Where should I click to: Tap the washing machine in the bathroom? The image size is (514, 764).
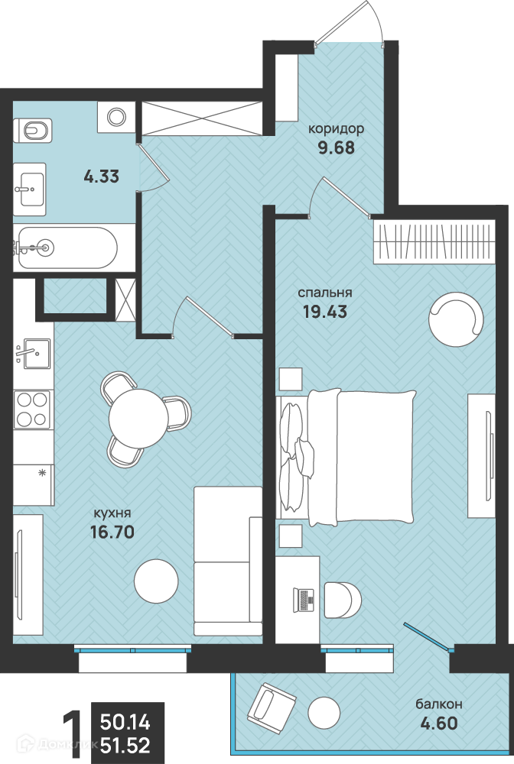pyautogui.click(x=116, y=117)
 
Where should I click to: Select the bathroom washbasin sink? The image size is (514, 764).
pyautogui.click(x=30, y=189)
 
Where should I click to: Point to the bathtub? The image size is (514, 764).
pyautogui.click(x=65, y=248)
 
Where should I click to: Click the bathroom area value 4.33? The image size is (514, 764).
pyautogui.click(x=102, y=176)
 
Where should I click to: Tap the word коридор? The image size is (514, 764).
pyautogui.click(x=337, y=128)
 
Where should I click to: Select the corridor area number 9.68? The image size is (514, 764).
pyautogui.click(x=337, y=147)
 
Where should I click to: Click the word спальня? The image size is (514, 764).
pyautogui.click(x=325, y=293)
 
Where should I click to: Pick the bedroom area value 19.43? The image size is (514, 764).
pyautogui.click(x=325, y=312)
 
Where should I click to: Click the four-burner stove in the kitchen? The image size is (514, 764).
pyautogui.click(x=32, y=410)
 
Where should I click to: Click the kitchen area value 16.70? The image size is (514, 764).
pyautogui.click(x=112, y=532)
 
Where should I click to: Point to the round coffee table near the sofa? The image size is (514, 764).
pyautogui.click(x=156, y=581)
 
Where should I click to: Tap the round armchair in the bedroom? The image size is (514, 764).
pyautogui.click(x=456, y=319)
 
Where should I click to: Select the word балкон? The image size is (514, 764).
pyautogui.click(x=439, y=704)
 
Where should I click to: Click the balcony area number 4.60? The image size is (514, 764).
pyautogui.click(x=439, y=723)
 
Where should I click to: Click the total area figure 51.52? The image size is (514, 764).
pyautogui.click(x=125, y=746)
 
